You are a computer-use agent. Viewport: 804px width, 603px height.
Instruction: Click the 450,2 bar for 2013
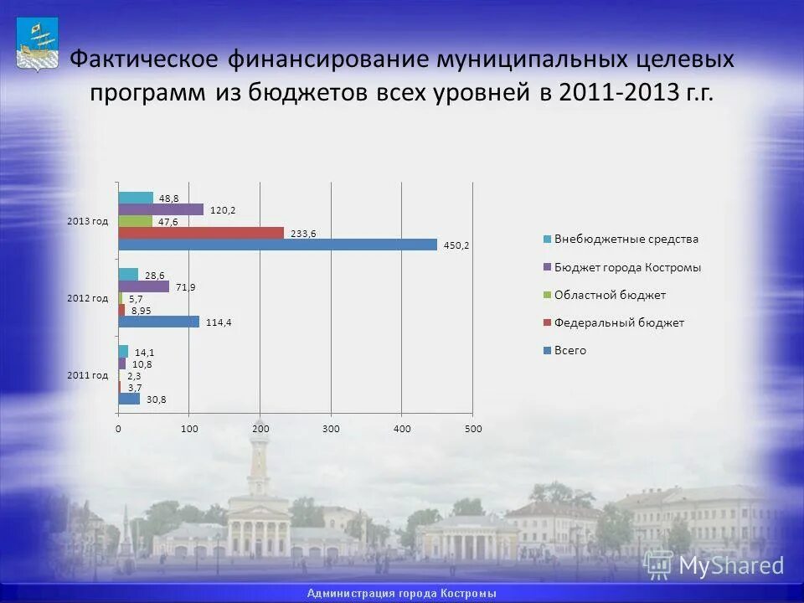(277, 245)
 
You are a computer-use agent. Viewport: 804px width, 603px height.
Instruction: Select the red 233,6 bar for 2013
(201, 233)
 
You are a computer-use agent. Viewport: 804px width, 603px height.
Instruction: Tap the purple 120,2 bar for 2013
(161, 209)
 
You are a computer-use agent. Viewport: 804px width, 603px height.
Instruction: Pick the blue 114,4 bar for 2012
(158, 322)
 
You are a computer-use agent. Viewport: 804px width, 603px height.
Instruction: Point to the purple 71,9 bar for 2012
(143, 286)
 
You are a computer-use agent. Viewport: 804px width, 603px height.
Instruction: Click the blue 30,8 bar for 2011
(129, 399)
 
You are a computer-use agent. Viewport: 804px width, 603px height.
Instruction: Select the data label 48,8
(169, 198)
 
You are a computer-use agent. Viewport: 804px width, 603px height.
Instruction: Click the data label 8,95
(140, 311)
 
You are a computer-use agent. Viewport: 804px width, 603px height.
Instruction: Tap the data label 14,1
(145, 353)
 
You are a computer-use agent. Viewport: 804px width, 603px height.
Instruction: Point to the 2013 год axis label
(88, 221)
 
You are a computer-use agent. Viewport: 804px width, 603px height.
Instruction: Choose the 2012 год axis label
(88, 298)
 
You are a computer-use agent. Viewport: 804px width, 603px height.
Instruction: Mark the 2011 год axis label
(88, 375)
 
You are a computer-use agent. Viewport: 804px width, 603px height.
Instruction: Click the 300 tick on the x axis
(331, 429)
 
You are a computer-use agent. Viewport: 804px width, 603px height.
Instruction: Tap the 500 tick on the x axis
(472, 429)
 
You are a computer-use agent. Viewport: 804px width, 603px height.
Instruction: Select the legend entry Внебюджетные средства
(626, 239)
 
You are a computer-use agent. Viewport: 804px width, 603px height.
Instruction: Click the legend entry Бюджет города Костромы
(627, 268)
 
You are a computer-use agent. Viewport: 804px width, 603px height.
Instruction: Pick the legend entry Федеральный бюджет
(619, 322)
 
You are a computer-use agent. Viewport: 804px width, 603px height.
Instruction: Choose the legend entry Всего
(569, 351)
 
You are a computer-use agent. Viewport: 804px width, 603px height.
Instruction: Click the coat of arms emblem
(36, 47)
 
